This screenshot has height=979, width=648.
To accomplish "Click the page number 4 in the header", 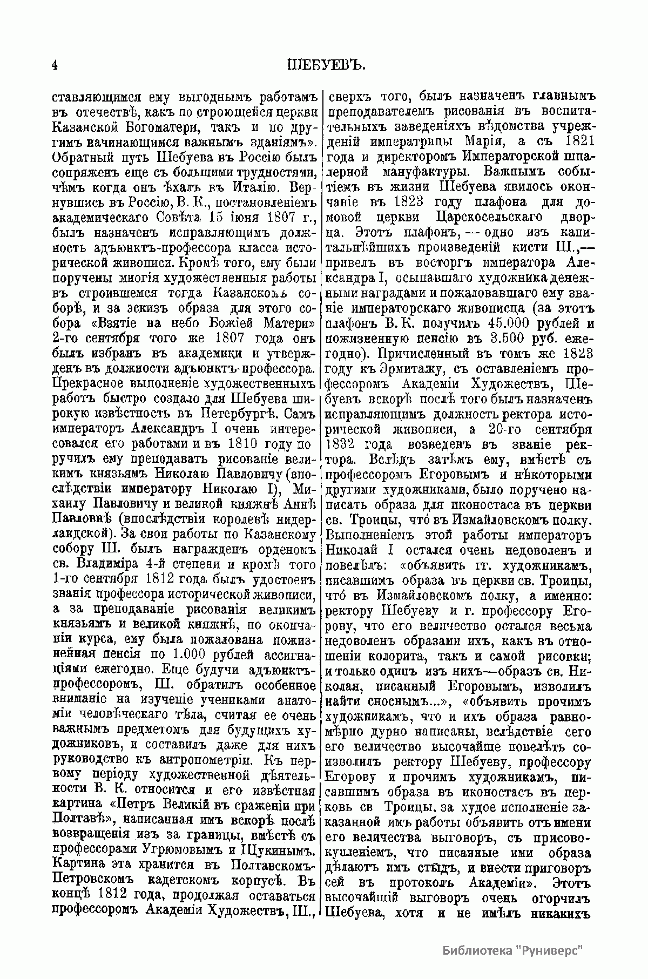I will point(55,66).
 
